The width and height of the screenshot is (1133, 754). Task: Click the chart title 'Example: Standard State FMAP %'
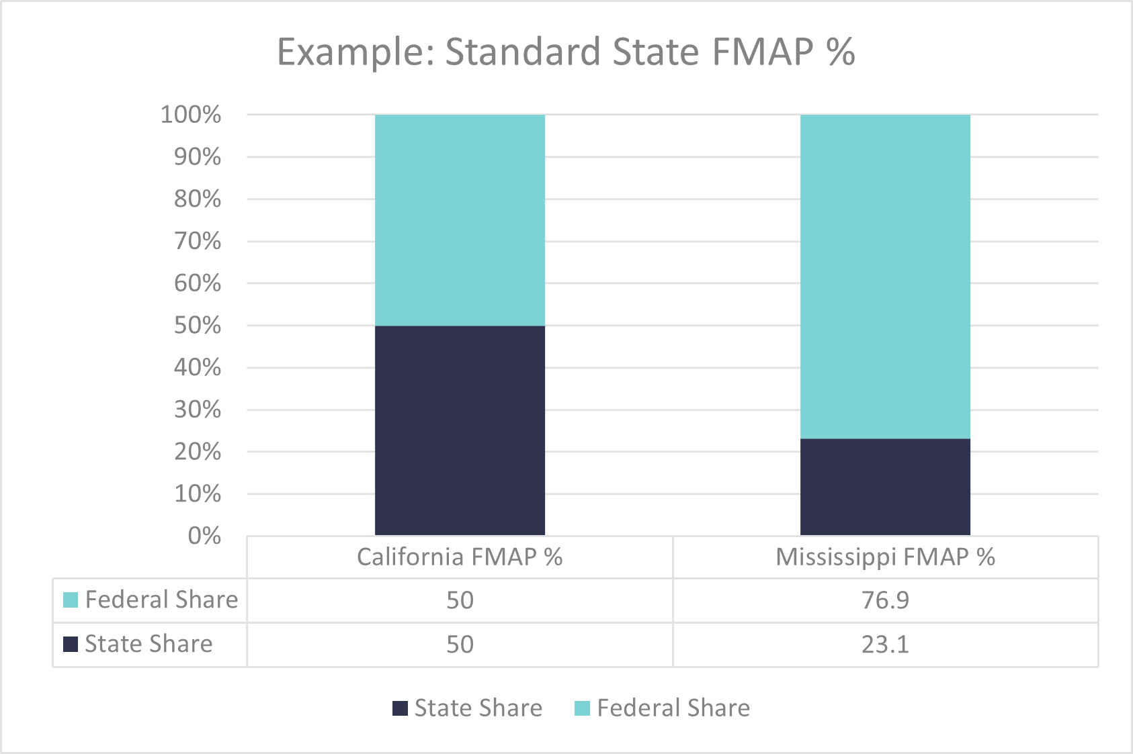pos(566,52)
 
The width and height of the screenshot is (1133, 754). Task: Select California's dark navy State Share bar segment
pos(460,430)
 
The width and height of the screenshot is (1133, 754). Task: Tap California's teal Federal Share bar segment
pos(460,220)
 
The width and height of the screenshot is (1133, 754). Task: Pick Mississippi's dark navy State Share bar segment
pos(885,487)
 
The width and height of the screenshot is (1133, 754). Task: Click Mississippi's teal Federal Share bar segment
pos(885,277)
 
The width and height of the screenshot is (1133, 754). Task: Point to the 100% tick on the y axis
pos(191,115)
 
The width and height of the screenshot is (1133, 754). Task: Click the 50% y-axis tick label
pos(198,326)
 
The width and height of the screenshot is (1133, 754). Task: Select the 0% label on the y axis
pos(204,536)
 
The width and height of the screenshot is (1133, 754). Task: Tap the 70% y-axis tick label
pos(198,241)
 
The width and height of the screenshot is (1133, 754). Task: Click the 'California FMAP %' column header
pos(460,557)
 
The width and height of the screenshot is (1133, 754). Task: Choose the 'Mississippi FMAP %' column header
pos(885,557)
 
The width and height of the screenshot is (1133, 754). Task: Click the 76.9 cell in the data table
pos(885,600)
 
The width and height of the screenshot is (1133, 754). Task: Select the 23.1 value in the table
pos(885,645)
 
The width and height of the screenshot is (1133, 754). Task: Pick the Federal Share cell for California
pos(460,600)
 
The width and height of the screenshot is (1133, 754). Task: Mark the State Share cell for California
pos(460,645)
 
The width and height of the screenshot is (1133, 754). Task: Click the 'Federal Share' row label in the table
pos(161,600)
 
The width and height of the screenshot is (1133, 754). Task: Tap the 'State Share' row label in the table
pos(149,644)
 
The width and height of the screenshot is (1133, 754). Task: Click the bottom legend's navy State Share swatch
pos(400,708)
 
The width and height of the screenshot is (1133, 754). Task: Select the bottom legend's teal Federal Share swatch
pos(583,708)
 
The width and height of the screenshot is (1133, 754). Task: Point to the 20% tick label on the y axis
pos(198,452)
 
